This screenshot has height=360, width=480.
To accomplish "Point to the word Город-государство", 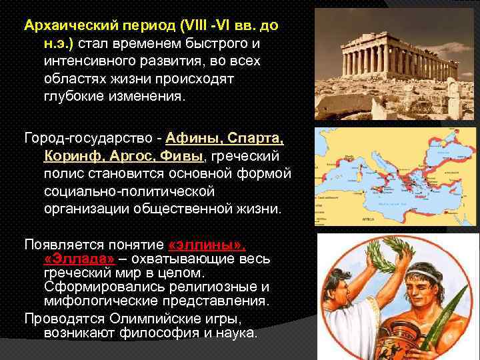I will (x=83, y=139).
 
